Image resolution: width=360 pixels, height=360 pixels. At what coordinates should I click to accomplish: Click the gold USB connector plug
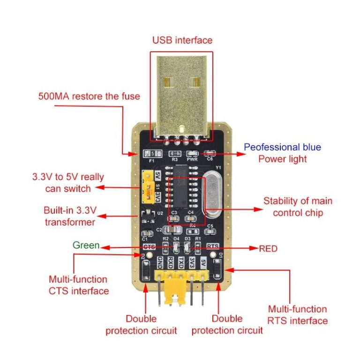coord(181,94)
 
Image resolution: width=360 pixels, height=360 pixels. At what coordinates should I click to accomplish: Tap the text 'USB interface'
coord(182,40)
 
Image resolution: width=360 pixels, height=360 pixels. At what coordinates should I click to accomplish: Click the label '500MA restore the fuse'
coord(89,97)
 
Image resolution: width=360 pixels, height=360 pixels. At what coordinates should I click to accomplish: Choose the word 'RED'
coord(268,248)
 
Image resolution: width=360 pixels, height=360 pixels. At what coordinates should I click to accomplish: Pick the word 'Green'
coord(86,245)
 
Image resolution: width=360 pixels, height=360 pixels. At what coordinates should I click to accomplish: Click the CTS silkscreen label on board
coord(149,246)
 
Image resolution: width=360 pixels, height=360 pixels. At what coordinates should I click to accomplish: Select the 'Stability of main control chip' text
coord(298,207)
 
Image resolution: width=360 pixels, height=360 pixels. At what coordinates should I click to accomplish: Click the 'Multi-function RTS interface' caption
coord(297,315)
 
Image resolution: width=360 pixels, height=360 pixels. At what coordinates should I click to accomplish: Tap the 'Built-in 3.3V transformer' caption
coord(70,216)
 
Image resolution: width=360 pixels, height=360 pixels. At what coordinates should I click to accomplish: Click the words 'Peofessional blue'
coord(283,147)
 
